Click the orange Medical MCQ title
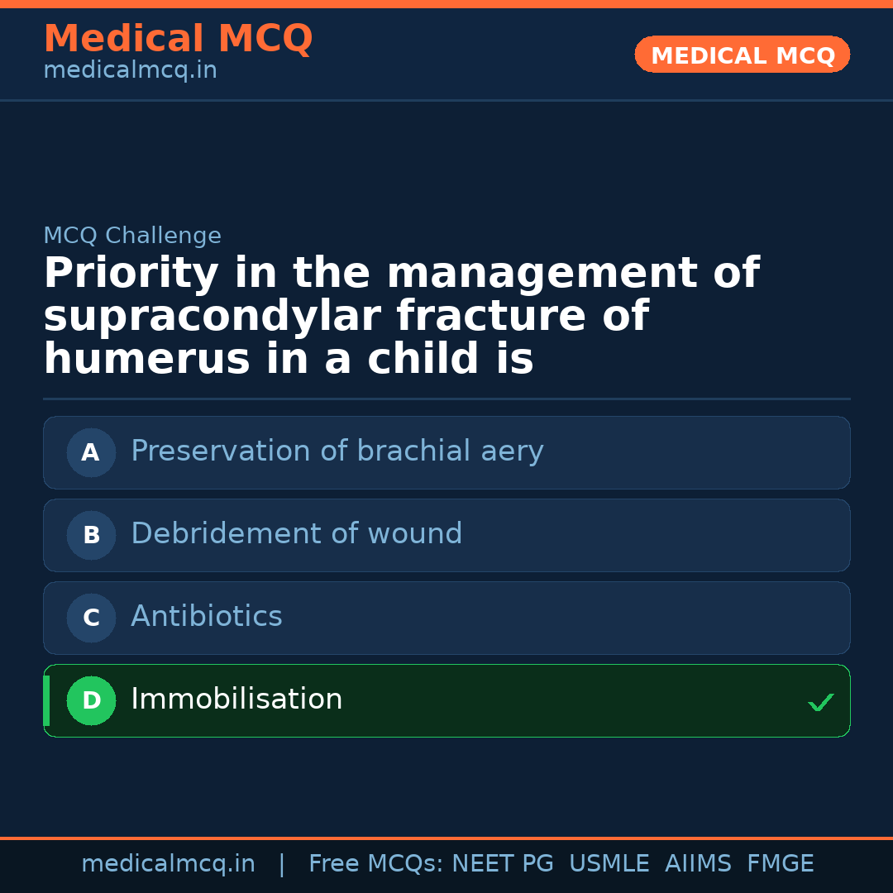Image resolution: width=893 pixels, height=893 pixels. [178, 39]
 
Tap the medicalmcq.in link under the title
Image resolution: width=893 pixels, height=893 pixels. [130, 71]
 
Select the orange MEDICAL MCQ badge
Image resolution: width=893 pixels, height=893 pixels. [742, 55]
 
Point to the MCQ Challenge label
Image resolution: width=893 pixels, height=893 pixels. [132, 236]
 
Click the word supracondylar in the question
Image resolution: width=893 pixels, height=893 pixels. [212, 318]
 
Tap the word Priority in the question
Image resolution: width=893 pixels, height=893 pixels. [131, 275]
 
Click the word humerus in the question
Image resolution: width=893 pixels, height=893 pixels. [146, 361]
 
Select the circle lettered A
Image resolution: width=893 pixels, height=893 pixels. [91, 452]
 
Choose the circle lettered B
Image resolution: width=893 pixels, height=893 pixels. [91, 535]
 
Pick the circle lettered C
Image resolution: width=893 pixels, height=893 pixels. [91, 618]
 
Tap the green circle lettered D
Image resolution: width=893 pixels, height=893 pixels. [91, 700]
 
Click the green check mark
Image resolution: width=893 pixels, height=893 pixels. [820, 703]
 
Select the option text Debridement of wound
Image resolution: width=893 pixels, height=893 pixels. [296, 534]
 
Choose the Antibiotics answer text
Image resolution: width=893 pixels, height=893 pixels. [207, 617]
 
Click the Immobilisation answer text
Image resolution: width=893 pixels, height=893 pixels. [236, 700]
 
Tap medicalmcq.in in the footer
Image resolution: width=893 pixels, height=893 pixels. [168, 864]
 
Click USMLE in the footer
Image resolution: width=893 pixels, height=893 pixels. [609, 864]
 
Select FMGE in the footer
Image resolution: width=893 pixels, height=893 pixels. [780, 864]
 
